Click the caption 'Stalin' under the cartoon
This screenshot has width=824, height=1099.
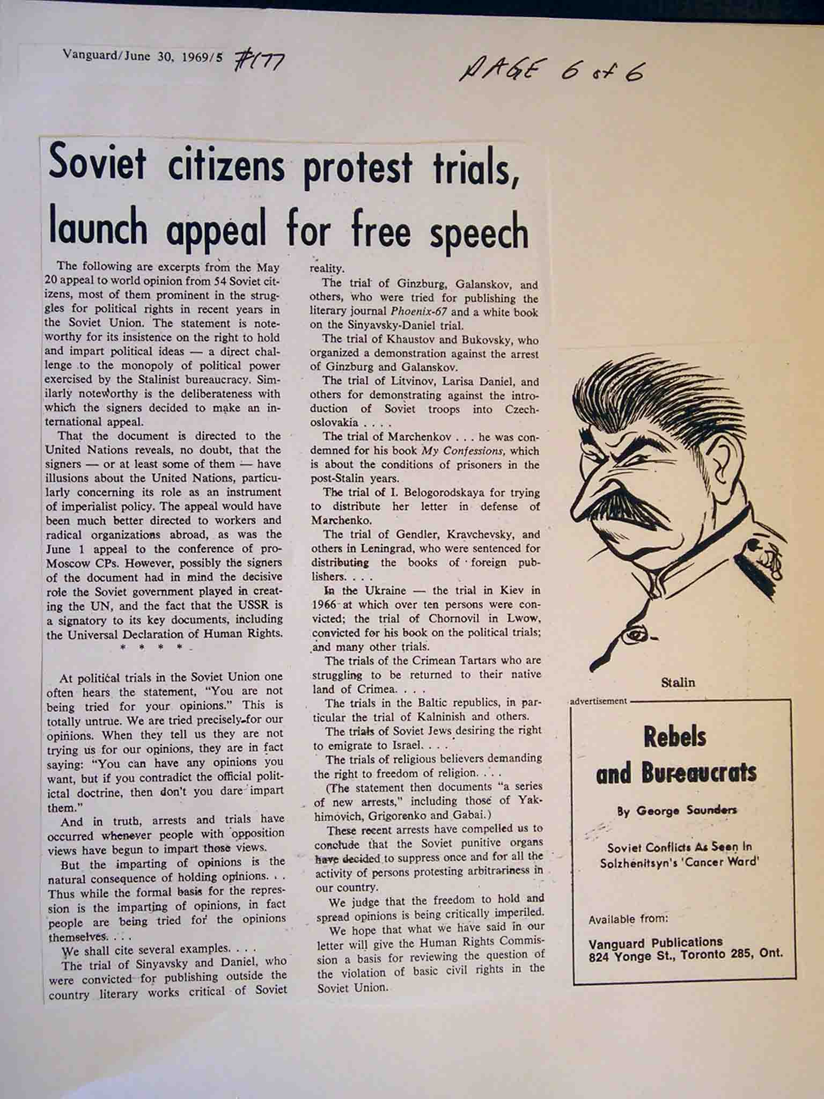coord(678,683)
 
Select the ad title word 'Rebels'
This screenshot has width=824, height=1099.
coord(675,738)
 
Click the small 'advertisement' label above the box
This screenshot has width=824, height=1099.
coord(598,701)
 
